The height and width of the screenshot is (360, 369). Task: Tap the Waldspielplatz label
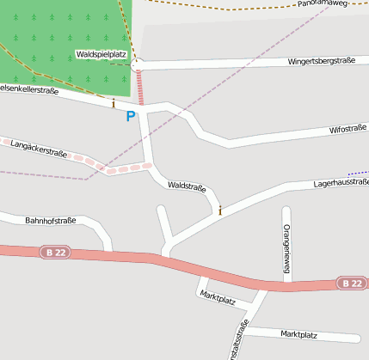[x=101, y=54]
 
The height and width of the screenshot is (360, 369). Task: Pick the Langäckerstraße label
[x=39, y=149]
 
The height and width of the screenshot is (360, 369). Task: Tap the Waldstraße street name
[x=187, y=186]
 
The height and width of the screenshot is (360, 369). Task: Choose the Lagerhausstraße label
[x=341, y=183]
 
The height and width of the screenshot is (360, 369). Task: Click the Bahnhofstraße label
[x=50, y=221]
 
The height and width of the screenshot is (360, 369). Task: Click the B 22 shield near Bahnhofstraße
[x=53, y=252]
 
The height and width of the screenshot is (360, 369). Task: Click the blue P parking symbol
[x=131, y=116]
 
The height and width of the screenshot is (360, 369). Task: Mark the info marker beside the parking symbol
[x=113, y=103]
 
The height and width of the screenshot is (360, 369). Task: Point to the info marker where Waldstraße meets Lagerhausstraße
[x=220, y=210]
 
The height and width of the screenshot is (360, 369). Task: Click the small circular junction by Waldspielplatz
[x=138, y=64]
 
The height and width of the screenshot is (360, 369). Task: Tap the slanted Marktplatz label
[x=217, y=298]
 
